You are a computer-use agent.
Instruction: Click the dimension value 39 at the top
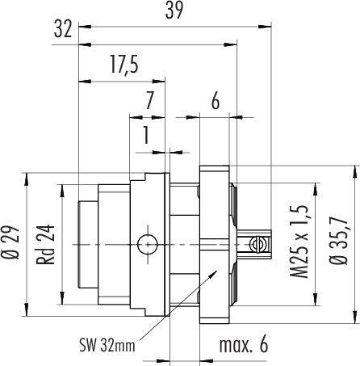(x=174, y=11)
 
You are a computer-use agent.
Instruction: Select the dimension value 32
(x=63, y=29)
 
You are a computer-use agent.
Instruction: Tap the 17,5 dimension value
(x=124, y=65)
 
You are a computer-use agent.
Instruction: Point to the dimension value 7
(x=149, y=100)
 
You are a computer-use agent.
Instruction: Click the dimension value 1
(x=146, y=135)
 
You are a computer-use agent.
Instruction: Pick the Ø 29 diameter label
(x=11, y=244)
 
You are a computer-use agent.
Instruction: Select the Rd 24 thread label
(x=46, y=245)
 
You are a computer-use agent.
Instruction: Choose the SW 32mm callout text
(x=107, y=345)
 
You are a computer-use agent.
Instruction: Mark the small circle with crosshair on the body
(x=148, y=245)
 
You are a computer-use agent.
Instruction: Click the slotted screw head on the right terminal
(x=256, y=245)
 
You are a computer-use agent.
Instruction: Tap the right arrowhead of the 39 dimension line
(x=265, y=27)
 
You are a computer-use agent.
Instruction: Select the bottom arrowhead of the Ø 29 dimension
(x=27, y=309)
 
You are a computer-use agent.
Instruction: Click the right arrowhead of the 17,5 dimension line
(x=158, y=82)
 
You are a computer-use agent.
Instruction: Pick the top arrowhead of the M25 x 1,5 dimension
(x=314, y=189)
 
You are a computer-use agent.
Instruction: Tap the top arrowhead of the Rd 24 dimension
(x=62, y=191)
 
